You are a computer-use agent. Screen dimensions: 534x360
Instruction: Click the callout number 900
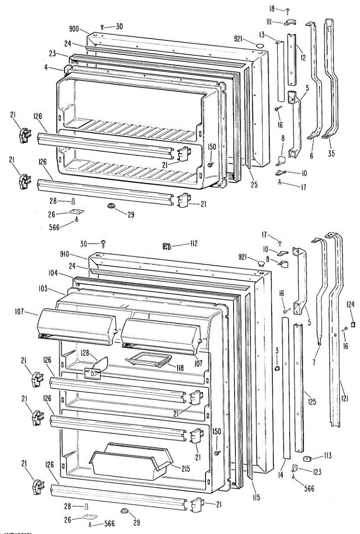point(74,29)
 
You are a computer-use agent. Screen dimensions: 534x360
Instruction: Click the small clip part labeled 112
point(167,245)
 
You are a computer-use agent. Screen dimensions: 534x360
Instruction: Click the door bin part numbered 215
point(131,463)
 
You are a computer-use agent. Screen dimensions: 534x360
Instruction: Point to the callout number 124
point(351,305)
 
